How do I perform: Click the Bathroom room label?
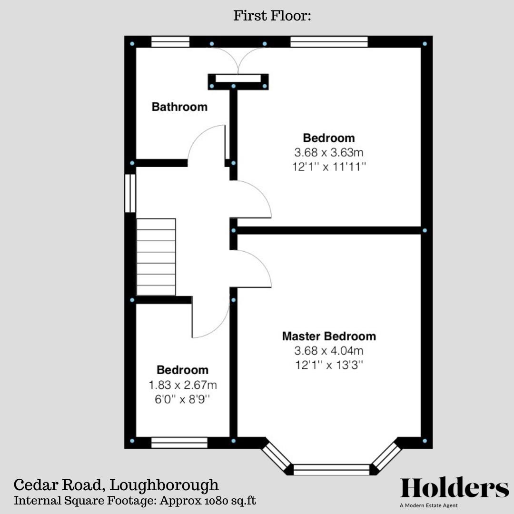pos(179,107)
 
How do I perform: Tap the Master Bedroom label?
pos(329,336)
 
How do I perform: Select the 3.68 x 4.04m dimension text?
pos(329,351)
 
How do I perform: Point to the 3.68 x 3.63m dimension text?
pos(329,153)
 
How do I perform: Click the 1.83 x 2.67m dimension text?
pos(183,385)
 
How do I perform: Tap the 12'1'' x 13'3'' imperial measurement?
pos(329,366)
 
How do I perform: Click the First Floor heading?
pos(272,16)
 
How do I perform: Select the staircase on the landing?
pos(156,257)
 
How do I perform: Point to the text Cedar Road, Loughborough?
pos(117,485)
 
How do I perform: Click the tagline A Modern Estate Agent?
pos(428,505)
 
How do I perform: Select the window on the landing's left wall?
pos(130,193)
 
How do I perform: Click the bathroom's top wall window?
pos(170,42)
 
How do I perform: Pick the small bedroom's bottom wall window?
pos(179,443)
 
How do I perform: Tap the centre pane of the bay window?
pos(332,470)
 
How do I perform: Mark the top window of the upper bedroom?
pos(329,42)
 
